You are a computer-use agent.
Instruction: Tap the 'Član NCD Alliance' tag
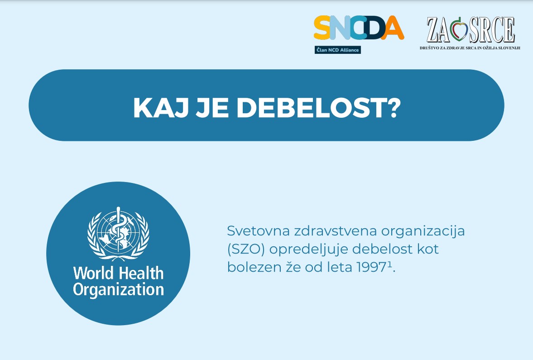click(x=337, y=50)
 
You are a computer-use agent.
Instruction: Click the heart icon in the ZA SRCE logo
click(x=459, y=29)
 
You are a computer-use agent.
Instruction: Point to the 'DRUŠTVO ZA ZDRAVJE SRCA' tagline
click(x=470, y=48)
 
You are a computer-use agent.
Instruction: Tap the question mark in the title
click(x=393, y=107)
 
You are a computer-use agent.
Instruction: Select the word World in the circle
click(x=93, y=273)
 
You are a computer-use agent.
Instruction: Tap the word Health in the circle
click(x=141, y=273)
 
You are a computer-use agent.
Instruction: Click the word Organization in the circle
click(x=118, y=290)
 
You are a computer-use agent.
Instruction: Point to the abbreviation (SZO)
click(x=246, y=249)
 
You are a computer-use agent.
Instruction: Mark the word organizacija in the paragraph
click(x=423, y=231)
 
